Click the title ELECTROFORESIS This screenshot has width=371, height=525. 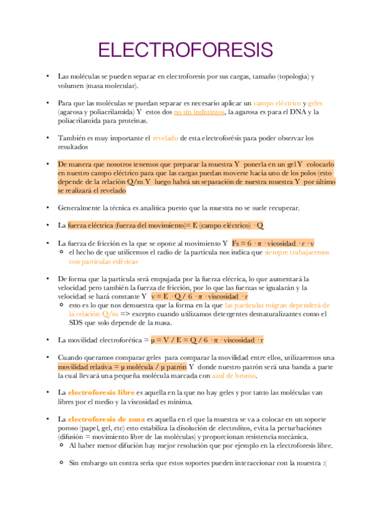click(x=185, y=50)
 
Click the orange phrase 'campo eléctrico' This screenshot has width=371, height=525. click(x=277, y=103)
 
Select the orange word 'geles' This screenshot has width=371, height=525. click(x=315, y=103)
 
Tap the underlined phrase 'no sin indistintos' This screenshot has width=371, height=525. click(x=199, y=112)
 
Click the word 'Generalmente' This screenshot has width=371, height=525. click(x=79, y=207)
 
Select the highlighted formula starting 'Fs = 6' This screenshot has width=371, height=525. click(x=273, y=243)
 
